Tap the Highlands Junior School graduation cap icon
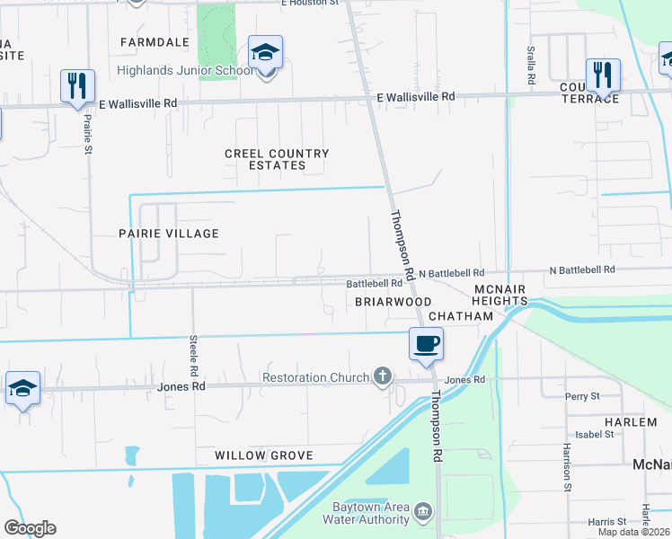265,52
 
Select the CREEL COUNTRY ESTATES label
277,160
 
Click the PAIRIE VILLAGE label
169,234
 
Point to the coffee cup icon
427,343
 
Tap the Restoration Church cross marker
384,376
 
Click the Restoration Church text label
315,377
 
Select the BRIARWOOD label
393,302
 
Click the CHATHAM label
461,316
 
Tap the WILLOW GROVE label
263,455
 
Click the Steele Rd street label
193,356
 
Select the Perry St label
582,396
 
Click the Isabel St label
596,434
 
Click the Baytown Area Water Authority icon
423,514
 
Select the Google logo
30,528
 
